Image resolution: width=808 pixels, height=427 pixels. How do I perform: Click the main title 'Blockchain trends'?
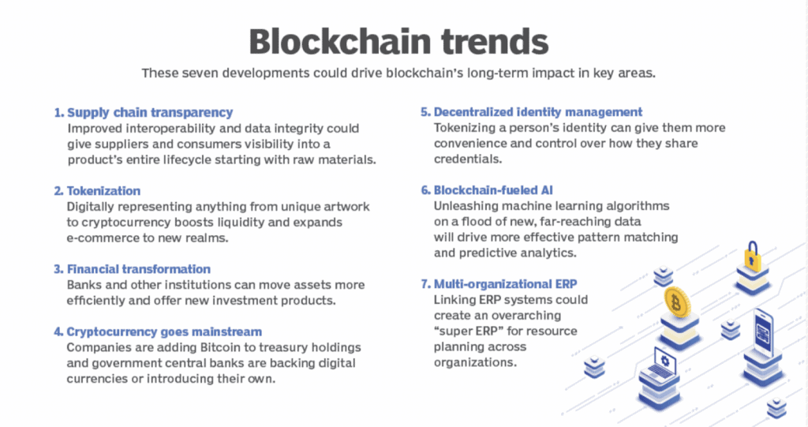(403, 40)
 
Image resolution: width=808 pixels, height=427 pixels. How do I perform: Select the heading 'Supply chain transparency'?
(149, 112)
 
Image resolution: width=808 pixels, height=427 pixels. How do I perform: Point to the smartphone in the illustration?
(762, 328)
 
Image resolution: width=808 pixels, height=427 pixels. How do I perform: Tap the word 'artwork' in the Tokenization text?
(345, 207)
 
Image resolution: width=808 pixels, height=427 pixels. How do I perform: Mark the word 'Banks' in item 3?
(84, 285)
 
